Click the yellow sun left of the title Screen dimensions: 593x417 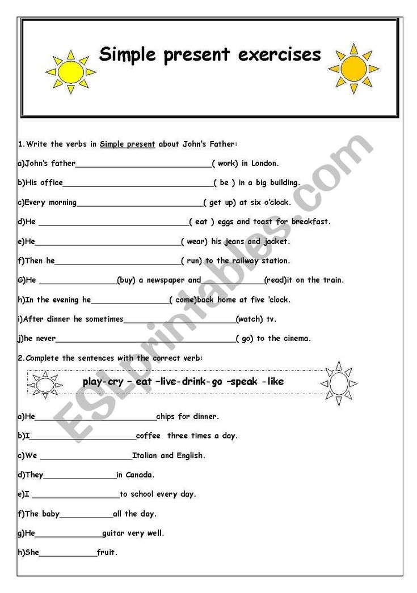(70, 72)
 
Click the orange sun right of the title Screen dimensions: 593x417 (353, 68)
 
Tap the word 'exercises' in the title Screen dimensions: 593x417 (280, 55)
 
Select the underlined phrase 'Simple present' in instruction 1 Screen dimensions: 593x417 (127, 144)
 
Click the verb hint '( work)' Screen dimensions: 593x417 (225, 164)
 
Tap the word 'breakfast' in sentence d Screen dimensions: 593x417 (310, 222)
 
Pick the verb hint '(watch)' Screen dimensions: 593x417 (249, 319)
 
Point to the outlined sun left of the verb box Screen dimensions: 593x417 (44, 384)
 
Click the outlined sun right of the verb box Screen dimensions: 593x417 (339, 383)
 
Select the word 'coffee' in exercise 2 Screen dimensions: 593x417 (148, 436)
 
